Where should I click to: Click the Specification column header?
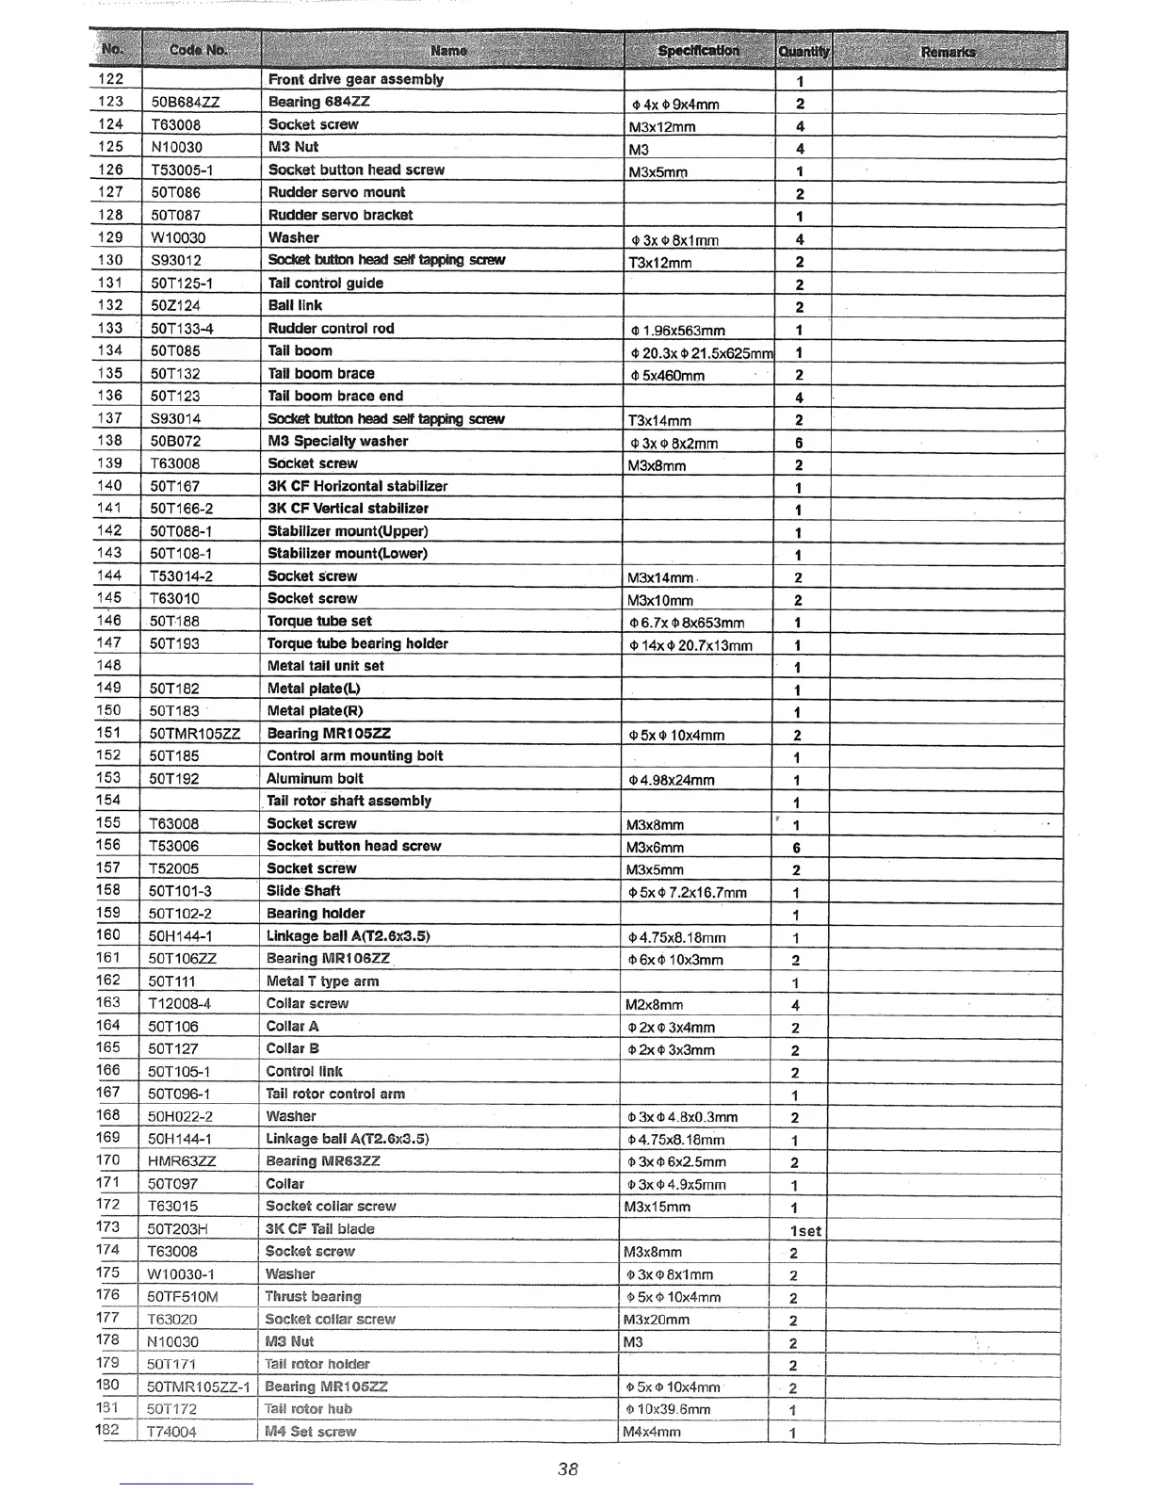point(698,50)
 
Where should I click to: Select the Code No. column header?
point(199,50)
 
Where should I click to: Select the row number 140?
point(110,486)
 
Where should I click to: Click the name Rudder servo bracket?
point(340,215)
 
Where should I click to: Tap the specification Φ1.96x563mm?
point(677,331)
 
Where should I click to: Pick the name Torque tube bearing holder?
point(357,643)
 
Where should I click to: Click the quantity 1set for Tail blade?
point(805,1231)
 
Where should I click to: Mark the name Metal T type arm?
point(322,981)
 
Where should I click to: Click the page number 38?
point(567,1468)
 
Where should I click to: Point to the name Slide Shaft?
point(303,891)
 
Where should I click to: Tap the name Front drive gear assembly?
point(355,80)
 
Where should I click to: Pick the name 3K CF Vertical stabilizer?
point(348,509)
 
